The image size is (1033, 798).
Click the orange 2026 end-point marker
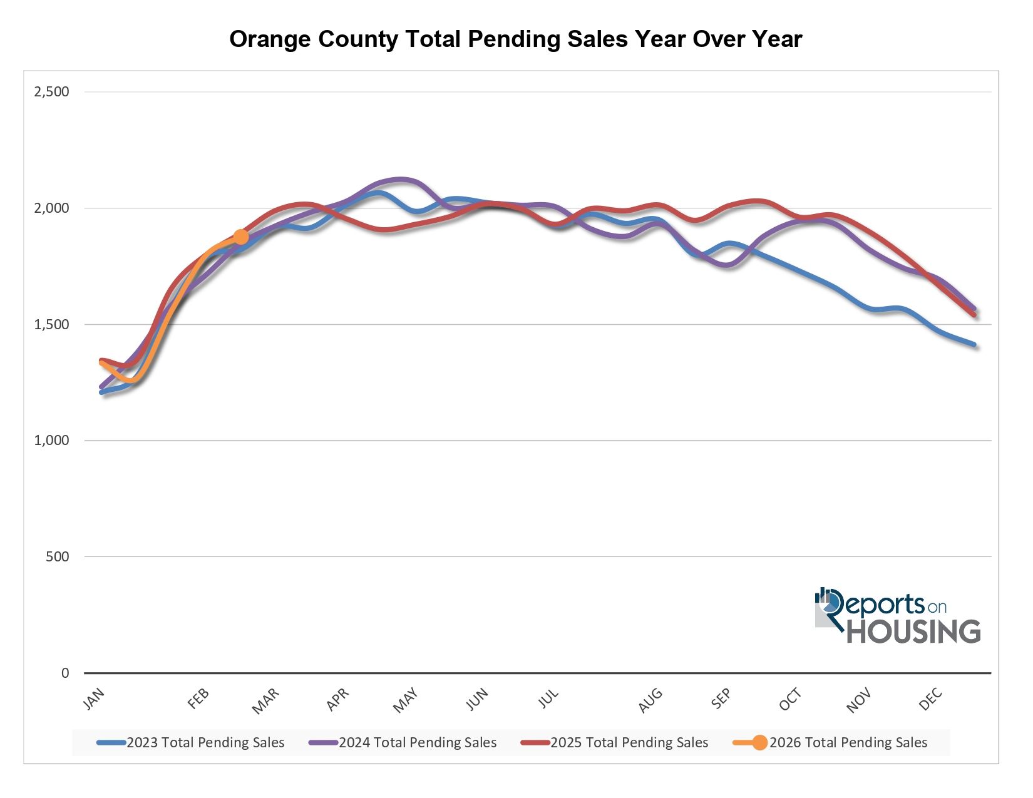241,237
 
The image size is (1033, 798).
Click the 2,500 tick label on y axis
51,92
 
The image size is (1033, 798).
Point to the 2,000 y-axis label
51,208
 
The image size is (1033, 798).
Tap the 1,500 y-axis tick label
51,324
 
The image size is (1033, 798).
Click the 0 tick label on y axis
65,673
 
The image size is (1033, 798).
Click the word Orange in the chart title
270,39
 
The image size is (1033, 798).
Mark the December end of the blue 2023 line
974,345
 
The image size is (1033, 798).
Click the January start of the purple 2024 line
102,387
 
